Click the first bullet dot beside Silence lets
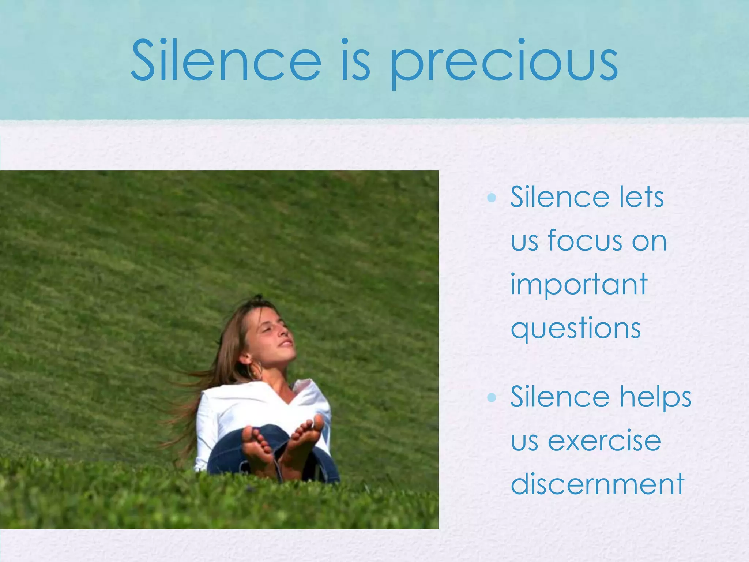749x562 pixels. coord(492,198)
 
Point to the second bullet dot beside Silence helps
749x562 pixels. coord(492,397)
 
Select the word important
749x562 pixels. coord(579,285)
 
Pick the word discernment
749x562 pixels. coord(597,484)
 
